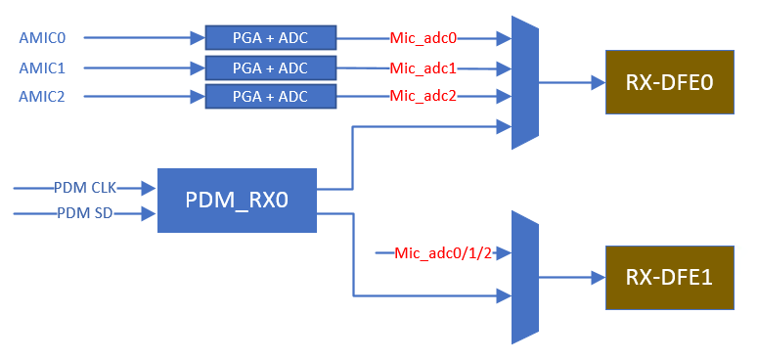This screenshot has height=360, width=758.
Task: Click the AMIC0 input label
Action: [41, 38]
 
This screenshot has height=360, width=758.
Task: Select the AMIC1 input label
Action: [41, 67]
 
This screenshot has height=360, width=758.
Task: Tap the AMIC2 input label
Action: [41, 96]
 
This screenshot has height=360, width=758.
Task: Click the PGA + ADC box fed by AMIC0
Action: [270, 38]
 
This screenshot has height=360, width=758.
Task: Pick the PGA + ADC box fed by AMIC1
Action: [270, 67]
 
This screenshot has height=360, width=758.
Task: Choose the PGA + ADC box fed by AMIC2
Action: [270, 96]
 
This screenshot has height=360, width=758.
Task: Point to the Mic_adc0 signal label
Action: [424, 38]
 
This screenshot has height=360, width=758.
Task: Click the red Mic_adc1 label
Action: [424, 67]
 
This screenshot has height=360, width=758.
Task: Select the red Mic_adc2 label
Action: [424, 96]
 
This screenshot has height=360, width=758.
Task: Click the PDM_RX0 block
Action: [237, 200]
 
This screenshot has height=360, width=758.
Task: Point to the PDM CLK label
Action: [84, 187]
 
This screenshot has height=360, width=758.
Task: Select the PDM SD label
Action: [82, 212]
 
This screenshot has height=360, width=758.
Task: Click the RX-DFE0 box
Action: [669, 82]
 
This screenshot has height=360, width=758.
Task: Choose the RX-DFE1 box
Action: [669, 278]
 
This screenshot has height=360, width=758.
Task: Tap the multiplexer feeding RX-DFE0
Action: [525, 83]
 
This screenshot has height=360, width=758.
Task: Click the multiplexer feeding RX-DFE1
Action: [525, 278]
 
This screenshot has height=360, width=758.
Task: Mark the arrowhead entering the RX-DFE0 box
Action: [598, 83]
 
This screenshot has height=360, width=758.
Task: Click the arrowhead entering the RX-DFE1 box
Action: [598, 278]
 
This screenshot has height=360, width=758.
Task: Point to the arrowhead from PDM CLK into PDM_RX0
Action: [150, 187]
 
